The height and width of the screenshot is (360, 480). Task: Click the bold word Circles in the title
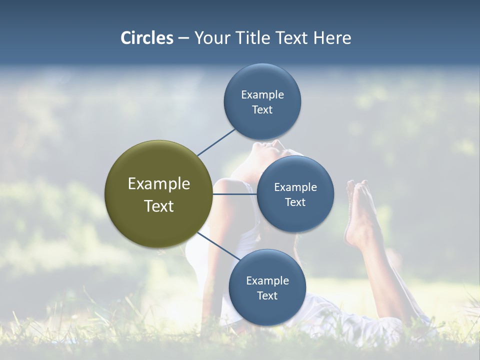[x=146, y=38]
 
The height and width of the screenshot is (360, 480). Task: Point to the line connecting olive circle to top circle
[x=216, y=142]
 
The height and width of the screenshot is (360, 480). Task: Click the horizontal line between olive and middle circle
[x=234, y=194]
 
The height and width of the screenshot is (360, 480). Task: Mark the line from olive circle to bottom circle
[x=218, y=247]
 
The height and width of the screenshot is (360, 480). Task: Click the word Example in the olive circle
[x=158, y=183]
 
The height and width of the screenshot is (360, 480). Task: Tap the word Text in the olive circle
[x=158, y=206]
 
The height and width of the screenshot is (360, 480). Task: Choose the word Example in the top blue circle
[x=262, y=94]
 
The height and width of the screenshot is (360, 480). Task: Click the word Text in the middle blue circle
[x=295, y=202]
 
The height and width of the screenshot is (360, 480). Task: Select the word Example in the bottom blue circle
[x=267, y=280]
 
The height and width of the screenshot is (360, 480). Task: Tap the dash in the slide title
[x=183, y=38]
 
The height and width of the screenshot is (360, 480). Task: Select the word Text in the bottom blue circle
[x=267, y=295]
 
